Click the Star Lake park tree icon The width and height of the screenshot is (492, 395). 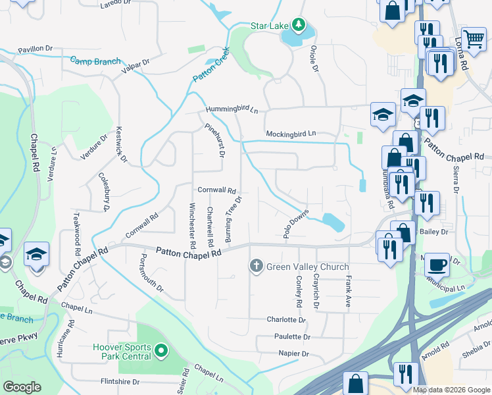(299, 25)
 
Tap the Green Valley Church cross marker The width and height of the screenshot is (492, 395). (256, 267)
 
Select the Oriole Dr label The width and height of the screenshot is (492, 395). (314, 59)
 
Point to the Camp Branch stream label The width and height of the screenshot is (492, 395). (96, 61)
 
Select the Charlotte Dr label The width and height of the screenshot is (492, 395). (286, 320)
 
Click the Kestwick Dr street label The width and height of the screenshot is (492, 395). (120, 145)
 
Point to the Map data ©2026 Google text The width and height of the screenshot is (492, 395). (451, 389)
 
